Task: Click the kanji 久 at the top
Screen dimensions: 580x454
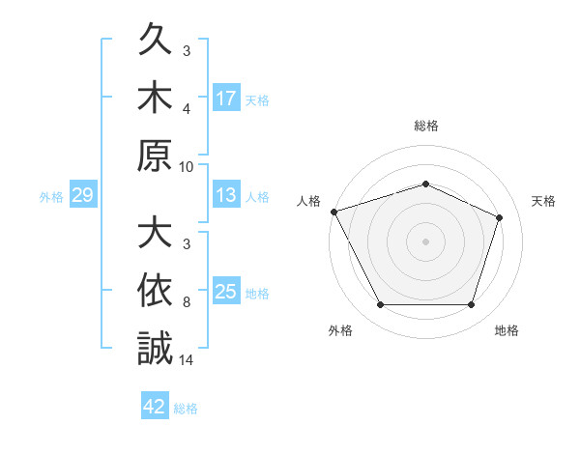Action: (155, 39)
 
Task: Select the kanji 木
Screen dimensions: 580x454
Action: (155, 97)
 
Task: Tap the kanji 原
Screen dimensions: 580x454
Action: (155, 155)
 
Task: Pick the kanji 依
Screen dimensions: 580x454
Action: (155, 290)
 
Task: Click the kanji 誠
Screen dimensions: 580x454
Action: (155, 348)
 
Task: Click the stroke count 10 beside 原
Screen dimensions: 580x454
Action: (186, 167)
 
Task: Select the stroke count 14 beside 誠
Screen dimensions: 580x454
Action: (186, 360)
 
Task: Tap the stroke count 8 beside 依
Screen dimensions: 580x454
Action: (187, 302)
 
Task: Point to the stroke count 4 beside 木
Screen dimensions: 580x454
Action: (187, 109)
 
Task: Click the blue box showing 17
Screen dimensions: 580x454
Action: (226, 98)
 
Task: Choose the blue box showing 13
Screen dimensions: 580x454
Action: (226, 194)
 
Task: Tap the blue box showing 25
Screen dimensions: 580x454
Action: (226, 290)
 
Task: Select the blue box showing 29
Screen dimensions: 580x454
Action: (83, 194)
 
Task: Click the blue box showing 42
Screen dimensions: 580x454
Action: (155, 405)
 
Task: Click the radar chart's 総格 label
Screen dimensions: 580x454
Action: (426, 126)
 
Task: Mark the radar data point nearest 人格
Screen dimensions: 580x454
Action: (334, 212)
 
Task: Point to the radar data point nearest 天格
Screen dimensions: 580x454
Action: (499, 217)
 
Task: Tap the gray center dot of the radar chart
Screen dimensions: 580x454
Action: (425, 241)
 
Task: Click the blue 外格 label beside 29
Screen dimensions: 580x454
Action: (51, 197)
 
